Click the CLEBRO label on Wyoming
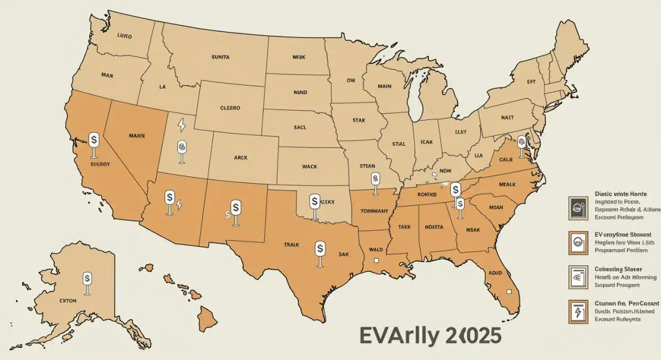coord(230,108)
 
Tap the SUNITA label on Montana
coord(220,57)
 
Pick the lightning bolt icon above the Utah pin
coord(181,126)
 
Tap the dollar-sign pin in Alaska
coord(87,279)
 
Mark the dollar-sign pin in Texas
coord(319,249)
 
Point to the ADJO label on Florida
coord(496,272)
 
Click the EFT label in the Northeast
coord(532,81)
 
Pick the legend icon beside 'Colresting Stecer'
coord(575,276)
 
